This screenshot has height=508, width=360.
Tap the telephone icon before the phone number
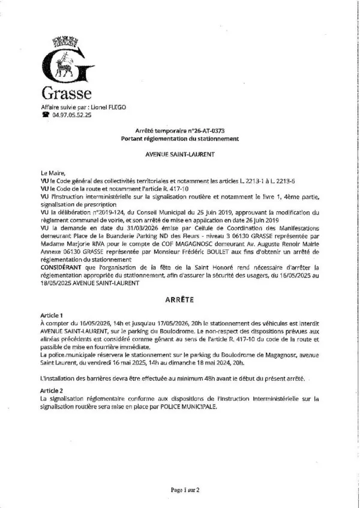click(44, 114)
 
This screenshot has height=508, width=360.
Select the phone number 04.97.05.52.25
click(72, 114)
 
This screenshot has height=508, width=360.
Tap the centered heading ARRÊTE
click(180, 298)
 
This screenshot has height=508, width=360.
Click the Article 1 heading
click(51, 314)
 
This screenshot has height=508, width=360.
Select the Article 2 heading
click(51, 389)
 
